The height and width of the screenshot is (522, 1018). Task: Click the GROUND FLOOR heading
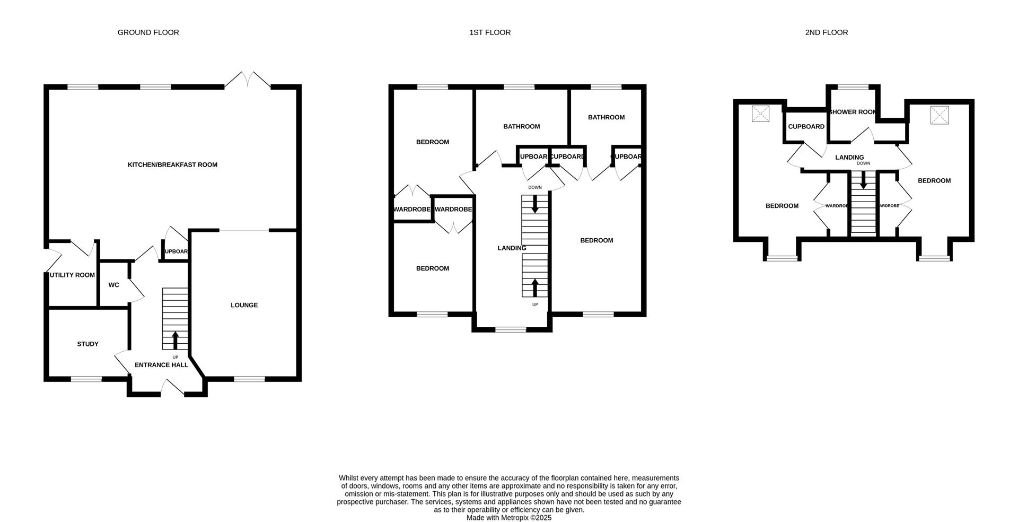[x=148, y=32]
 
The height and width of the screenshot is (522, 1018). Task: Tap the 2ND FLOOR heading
[x=826, y=32]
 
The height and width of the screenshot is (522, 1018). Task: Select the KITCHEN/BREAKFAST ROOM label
[x=172, y=164]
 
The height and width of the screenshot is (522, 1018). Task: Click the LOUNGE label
[x=244, y=305]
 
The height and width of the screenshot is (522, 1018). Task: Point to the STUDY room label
[x=87, y=344]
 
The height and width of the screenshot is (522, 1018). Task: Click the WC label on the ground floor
[x=113, y=285]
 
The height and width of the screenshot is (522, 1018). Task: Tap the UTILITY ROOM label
[x=72, y=275]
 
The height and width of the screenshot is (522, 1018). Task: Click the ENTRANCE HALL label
[x=161, y=365]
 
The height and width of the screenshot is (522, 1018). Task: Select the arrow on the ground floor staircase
[x=175, y=340]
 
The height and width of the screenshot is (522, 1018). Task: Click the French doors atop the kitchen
[x=248, y=81]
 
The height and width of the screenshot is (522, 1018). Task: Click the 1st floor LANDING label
[x=512, y=248]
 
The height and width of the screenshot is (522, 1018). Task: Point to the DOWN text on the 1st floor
[x=535, y=187]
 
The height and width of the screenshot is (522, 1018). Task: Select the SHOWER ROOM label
[x=853, y=112]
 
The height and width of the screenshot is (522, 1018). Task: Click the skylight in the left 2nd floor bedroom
[x=761, y=114]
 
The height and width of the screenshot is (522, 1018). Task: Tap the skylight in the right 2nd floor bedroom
[x=940, y=115]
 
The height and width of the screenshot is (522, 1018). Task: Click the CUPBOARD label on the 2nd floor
[x=806, y=126]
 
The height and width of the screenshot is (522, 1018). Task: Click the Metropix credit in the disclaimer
[x=508, y=518]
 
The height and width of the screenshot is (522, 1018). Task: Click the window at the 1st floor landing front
[x=511, y=329]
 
